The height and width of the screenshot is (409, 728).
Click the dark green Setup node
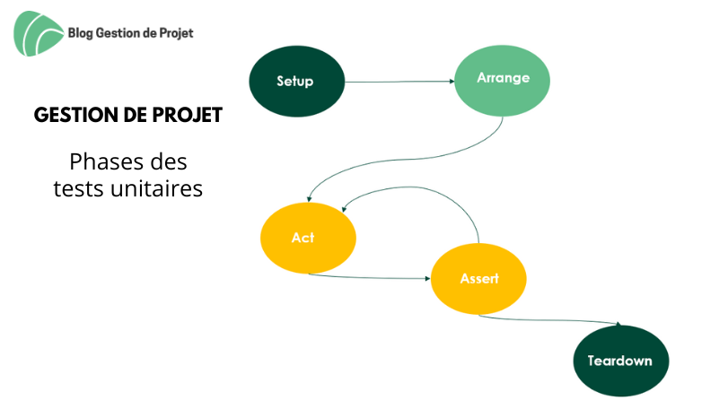297,81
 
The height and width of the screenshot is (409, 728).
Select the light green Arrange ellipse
502,81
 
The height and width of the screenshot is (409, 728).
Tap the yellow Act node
308,238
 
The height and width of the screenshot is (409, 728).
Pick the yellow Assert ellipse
478,279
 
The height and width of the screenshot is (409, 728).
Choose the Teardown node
621,361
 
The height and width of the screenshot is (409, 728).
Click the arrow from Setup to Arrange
399,82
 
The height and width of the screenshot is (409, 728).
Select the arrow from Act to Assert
369,278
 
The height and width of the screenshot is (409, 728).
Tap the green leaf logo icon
39,33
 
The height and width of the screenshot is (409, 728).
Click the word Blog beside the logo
80,33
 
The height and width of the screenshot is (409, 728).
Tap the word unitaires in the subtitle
157,188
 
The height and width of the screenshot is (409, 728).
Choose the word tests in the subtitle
79,188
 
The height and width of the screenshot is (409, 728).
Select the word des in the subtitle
171,161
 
